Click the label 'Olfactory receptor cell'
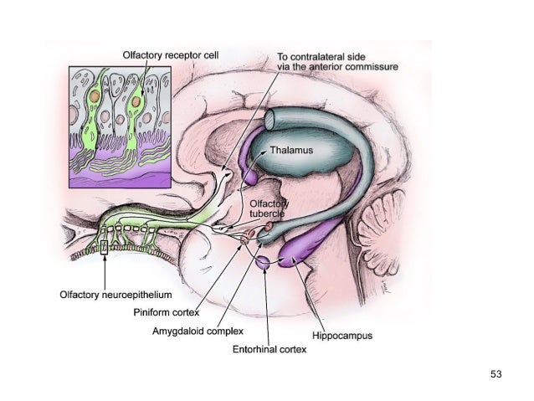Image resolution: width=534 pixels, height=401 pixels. (x=170, y=54)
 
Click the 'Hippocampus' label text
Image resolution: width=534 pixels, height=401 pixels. (x=342, y=336)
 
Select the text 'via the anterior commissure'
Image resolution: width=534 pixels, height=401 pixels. (x=337, y=67)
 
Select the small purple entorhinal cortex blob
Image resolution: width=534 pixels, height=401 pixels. (x=263, y=262)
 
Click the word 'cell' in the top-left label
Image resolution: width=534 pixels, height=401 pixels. (x=210, y=54)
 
